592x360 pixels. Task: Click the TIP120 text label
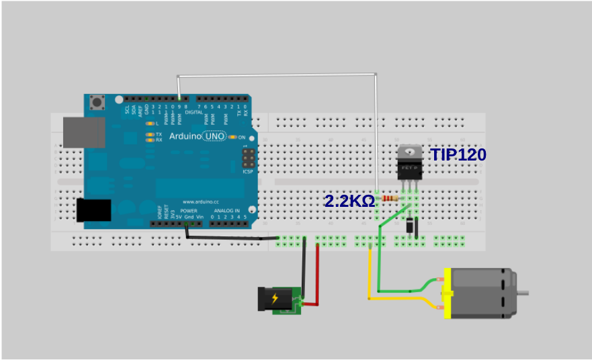coord(459,154)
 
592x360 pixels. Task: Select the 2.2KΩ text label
coord(349,200)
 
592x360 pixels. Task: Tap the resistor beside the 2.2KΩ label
coord(389,198)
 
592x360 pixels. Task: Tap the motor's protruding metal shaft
coord(522,293)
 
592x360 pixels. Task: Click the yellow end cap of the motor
coord(446,294)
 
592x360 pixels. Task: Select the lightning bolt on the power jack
coord(275,298)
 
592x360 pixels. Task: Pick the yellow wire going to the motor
coord(370,275)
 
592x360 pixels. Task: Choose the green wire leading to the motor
coord(379,262)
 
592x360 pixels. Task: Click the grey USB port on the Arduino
coord(84,132)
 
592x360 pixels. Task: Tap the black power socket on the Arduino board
coord(93,210)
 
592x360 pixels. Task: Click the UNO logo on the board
coord(215,136)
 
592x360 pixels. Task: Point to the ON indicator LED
coord(233,137)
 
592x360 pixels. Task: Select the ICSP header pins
coord(248,159)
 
